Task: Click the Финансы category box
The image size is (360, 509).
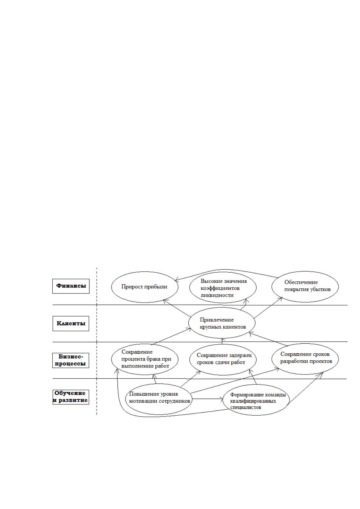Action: coord(71,286)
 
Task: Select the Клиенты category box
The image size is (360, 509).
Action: coord(71,323)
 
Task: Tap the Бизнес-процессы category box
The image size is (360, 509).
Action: coord(71,360)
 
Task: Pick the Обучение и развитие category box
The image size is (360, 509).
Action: coord(71,397)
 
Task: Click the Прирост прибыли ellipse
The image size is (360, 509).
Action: coord(145,287)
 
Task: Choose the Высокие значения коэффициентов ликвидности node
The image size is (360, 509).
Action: coord(223,287)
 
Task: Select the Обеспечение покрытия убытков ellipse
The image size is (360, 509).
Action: coord(305,287)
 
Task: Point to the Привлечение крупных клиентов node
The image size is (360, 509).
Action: coord(222,323)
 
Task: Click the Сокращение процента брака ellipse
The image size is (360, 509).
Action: coord(144,359)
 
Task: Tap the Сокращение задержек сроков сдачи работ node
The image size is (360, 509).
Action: coord(223,359)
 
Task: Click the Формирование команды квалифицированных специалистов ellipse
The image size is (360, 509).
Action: coord(256,400)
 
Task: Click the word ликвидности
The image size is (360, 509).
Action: coord(217,295)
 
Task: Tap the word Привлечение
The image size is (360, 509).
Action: coord(217,320)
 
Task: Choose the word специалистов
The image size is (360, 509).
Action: coord(246,407)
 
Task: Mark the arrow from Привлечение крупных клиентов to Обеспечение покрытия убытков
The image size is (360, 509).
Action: coord(268,307)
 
